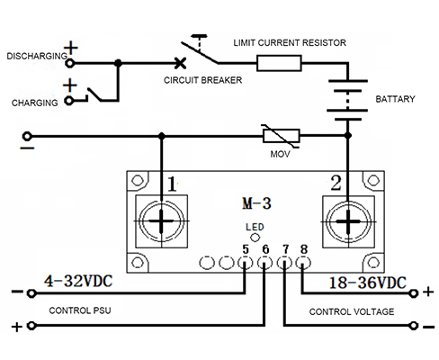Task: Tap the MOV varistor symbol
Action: click(282, 136)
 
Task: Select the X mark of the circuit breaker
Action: click(180, 63)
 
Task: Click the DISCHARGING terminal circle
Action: click(70, 63)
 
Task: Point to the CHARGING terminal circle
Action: click(69, 101)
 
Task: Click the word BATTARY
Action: click(395, 99)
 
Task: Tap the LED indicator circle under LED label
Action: click(255, 238)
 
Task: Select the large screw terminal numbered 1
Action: click(162, 221)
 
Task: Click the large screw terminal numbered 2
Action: click(348, 222)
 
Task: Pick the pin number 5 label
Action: click(246, 249)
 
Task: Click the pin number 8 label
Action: click(304, 249)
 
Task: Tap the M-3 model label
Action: click(256, 203)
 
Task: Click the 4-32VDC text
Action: click(78, 281)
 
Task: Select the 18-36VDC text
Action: click(368, 283)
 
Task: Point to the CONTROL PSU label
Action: click(80, 310)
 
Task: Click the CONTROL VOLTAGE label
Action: click(352, 311)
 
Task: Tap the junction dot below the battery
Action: click(348, 136)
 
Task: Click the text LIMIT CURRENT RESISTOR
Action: click(290, 42)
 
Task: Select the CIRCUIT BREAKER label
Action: click(202, 80)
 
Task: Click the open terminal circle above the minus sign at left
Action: click(27, 137)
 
